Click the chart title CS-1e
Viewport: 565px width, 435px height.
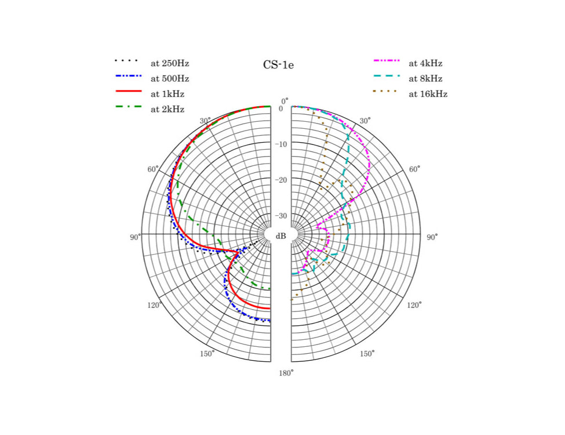click(x=278, y=65)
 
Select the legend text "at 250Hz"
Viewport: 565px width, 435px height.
click(x=170, y=63)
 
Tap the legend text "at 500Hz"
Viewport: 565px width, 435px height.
click(x=170, y=79)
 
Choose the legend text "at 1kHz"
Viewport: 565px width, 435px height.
click(x=167, y=94)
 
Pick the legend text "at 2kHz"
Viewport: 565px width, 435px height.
click(x=167, y=109)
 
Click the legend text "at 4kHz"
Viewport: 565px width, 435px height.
click(x=425, y=63)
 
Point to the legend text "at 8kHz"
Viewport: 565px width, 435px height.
click(x=425, y=79)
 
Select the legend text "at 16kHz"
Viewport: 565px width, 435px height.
click(x=428, y=94)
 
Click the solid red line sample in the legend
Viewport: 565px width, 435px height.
click(x=129, y=91)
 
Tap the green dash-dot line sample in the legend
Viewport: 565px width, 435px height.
click(x=129, y=106)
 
